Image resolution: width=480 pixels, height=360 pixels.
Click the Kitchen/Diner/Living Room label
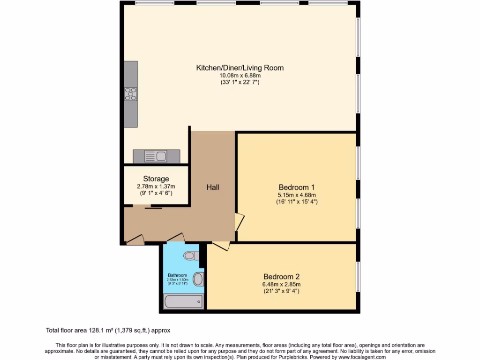pyautogui.click(x=240, y=67)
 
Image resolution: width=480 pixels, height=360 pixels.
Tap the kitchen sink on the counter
pyautogui.click(x=156, y=156)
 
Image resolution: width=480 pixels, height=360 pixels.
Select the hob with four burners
pyautogui.click(x=131, y=94)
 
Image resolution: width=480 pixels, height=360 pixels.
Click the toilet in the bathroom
pyautogui.click(x=191, y=255)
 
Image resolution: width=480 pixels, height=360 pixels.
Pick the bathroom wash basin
pyautogui.click(x=199, y=279)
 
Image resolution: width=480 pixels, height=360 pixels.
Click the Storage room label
pyautogui.click(x=156, y=179)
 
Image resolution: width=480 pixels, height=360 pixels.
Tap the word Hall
pyautogui.click(x=213, y=187)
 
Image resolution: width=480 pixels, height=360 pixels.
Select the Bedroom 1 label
pyautogui.click(x=296, y=187)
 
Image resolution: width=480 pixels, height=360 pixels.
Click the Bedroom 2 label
pyautogui.click(x=281, y=277)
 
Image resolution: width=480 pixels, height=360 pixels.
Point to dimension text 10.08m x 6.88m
pyautogui.click(x=240, y=75)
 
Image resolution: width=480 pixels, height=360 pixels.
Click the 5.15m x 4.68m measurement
pyautogui.click(x=296, y=195)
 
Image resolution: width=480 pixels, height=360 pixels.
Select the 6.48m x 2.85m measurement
pyautogui.click(x=281, y=284)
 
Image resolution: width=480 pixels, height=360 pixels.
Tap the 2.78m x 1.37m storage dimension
pyautogui.click(x=156, y=186)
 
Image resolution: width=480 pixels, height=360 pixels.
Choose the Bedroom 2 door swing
pyautogui.click(x=221, y=246)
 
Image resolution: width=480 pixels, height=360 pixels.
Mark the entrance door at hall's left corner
pyautogui.click(x=135, y=240)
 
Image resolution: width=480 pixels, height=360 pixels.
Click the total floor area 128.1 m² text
pyautogui.click(x=111, y=330)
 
